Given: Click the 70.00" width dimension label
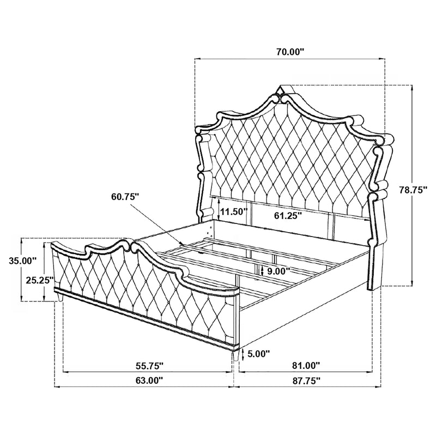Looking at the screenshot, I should (x=289, y=52).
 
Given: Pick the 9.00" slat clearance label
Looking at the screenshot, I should (x=277, y=271).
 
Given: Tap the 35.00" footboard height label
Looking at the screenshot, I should (x=22, y=261).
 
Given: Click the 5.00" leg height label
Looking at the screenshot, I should (x=258, y=354).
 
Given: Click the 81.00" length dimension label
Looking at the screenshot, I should (x=305, y=366).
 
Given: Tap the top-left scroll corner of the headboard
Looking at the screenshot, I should (x=203, y=135).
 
